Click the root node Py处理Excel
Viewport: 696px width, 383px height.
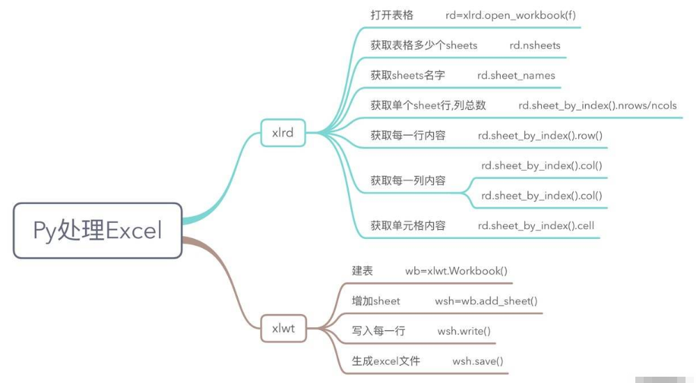97,230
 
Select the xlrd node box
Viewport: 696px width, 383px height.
282,132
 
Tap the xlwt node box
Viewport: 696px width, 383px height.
283,328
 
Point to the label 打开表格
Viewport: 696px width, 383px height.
392,15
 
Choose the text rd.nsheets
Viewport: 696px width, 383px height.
535,45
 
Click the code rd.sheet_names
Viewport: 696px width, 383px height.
516,75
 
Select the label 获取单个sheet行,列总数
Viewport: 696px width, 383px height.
428,105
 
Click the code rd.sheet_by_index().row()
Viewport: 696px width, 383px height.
540,135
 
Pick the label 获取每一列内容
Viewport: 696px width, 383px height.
408,180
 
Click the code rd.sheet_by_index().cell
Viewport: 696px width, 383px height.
536,225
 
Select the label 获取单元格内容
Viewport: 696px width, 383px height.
408,225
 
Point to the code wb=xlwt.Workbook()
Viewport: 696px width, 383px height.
456,270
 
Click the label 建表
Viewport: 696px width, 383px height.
363,270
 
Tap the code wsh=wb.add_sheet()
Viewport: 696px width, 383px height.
486,301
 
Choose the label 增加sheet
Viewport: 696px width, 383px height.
376,301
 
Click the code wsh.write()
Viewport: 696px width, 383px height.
464,331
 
